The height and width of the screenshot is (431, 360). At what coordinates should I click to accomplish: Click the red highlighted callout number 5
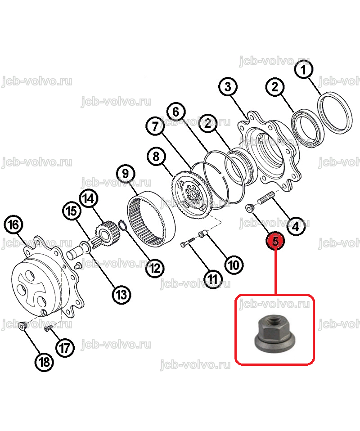[275, 241]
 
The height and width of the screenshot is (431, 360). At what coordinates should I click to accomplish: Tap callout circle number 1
[303, 70]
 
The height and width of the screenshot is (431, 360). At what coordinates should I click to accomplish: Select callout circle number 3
[228, 87]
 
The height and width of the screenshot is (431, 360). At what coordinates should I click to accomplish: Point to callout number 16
[13, 224]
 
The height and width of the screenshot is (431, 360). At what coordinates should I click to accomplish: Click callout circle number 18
[44, 362]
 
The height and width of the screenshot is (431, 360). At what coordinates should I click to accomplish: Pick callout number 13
[121, 295]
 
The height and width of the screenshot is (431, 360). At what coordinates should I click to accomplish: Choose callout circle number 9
[126, 174]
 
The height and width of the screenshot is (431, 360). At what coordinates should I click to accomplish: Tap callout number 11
[212, 279]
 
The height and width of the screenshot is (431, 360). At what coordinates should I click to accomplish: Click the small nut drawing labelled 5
[249, 208]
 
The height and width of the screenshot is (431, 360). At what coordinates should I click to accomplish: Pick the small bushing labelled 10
[202, 234]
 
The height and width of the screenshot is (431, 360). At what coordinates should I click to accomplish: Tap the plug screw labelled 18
[23, 325]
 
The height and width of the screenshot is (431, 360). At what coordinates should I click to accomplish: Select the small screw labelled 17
[49, 328]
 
